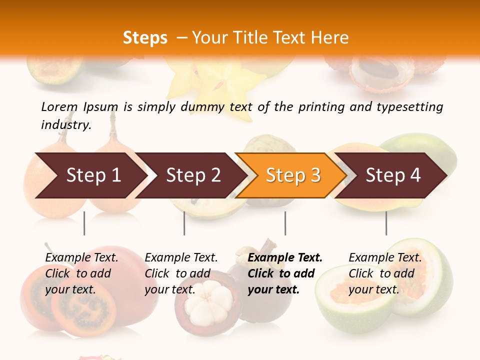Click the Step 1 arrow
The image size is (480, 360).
(x=92, y=175)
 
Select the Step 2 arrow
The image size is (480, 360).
(x=193, y=175)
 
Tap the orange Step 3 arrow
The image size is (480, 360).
(x=293, y=175)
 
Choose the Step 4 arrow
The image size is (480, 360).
(x=393, y=175)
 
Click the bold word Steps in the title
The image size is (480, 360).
(x=145, y=38)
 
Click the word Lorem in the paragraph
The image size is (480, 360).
(x=59, y=107)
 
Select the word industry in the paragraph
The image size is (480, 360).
(x=65, y=125)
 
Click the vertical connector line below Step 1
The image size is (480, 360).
(x=84, y=223)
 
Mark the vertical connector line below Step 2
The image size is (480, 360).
(x=184, y=223)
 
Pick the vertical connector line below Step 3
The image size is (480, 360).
(x=285, y=223)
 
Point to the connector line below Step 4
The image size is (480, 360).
(x=386, y=223)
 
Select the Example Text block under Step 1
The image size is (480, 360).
(x=81, y=273)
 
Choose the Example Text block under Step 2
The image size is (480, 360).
(x=181, y=273)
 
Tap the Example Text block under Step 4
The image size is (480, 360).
(x=385, y=273)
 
